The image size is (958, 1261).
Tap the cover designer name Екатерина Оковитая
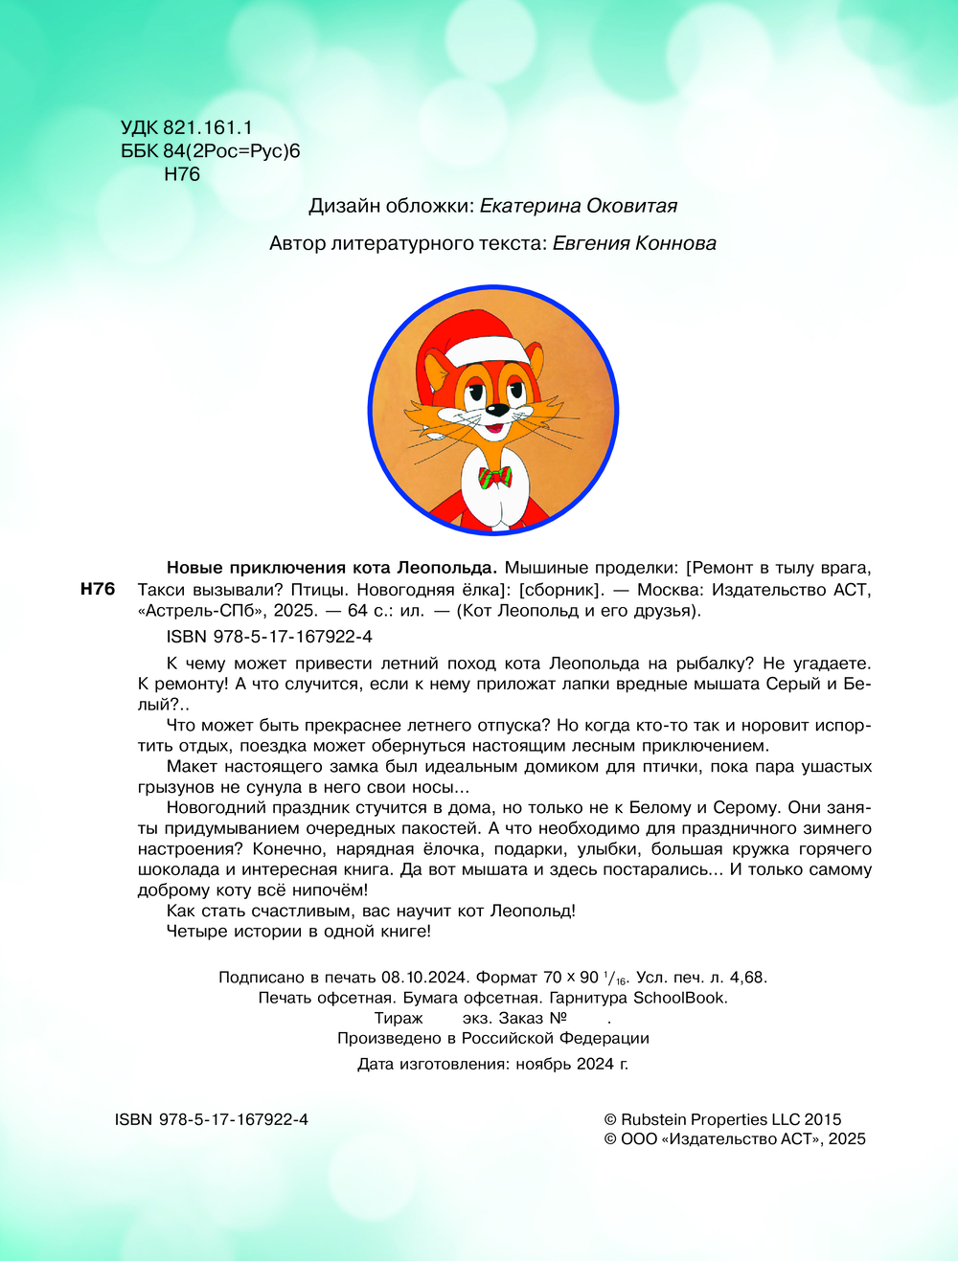click(578, 206)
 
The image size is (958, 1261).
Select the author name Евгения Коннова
click(634, 243)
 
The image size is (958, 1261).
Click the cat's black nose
click(498, 410)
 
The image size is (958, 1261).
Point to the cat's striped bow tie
click(495, 477)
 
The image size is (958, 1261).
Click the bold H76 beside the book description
click(97, 589)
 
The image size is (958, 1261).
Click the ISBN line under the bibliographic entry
click(269, 636)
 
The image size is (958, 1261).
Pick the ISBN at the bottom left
click(211, 1119)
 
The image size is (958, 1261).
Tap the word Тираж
click(399, 1018)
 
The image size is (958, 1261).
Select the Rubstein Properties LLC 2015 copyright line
click(722, 1119)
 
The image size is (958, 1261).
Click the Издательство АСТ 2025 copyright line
click(735, 1138)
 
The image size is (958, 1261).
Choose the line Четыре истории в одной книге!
click(299, 931)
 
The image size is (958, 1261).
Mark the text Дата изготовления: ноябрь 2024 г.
click(492, 1064)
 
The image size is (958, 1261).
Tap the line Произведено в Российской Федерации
click(492, 1038)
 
